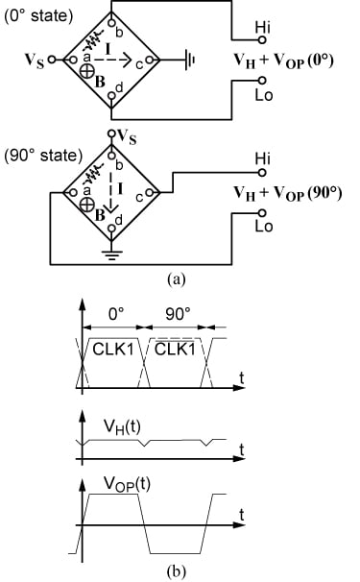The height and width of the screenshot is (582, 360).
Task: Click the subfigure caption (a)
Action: coord(177,279)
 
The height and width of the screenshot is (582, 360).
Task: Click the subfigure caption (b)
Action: coord(177,570)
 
